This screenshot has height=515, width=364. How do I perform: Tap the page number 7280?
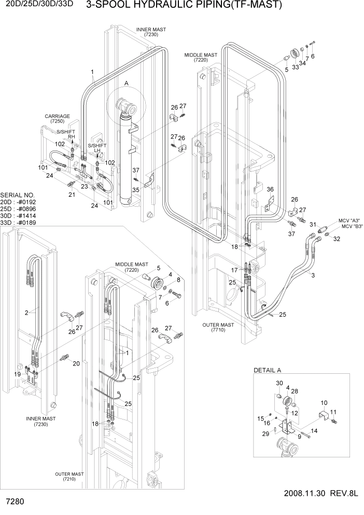[x=15, y=503]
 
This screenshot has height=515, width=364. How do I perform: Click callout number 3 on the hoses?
[x=313, y=275]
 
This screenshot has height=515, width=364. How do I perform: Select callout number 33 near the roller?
[x=296, y=67]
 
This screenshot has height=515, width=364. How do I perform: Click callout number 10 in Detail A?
[x=324, y=403]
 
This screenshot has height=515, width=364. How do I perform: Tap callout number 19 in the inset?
[x=18, y=374]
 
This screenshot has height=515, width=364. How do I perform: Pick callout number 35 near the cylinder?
[x=136, y=191]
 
